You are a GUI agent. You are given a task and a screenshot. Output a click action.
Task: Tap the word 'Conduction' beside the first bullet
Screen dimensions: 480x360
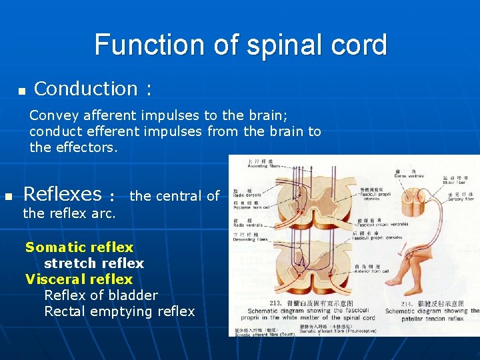point(85,89)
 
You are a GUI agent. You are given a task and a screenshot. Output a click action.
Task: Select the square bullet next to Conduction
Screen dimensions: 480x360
point(21,90)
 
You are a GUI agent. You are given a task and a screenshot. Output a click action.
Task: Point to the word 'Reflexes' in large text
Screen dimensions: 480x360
point(62,194)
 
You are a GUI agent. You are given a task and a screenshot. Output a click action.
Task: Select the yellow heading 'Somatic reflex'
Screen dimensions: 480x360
point(79,247)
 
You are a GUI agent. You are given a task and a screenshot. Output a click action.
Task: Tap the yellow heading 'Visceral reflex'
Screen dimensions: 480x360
point(79,279)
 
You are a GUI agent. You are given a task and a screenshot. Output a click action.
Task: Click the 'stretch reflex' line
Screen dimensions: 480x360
point(93,263)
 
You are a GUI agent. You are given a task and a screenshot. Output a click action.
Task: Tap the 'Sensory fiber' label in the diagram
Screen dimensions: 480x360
point(456,198)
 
